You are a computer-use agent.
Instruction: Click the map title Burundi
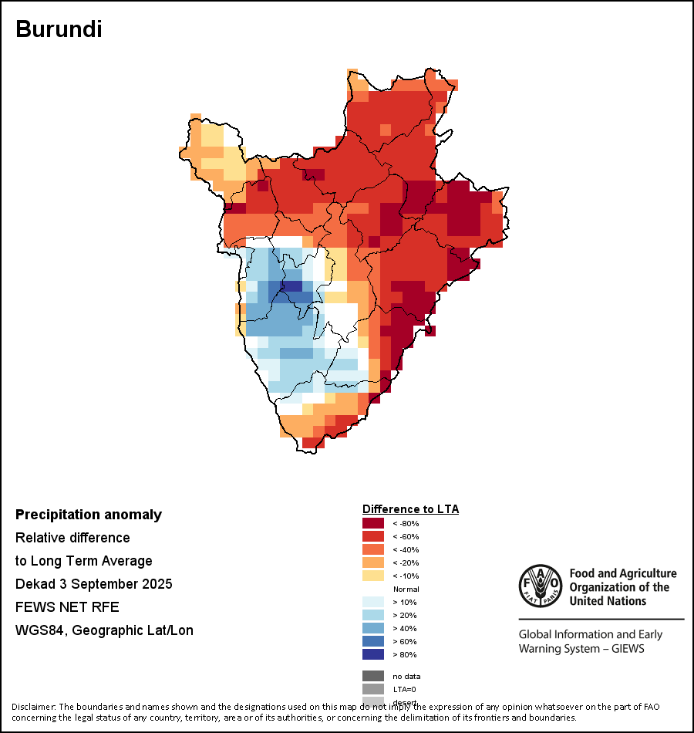(59, 29)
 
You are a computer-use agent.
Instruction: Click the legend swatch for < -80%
(372, 523)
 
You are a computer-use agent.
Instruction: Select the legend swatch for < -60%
(372, 536)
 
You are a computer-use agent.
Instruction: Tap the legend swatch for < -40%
(372, 549)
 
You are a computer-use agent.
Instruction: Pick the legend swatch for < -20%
(372, 562)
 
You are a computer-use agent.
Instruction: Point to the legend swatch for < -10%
(372, 576)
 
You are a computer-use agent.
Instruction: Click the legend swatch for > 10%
(372, 602)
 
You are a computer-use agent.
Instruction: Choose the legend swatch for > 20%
(372, 615)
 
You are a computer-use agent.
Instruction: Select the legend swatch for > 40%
(372, 628)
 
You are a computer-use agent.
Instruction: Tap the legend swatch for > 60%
(372, 641)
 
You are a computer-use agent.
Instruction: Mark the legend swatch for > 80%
(372, 654)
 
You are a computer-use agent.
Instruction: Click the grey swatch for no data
(372, 676)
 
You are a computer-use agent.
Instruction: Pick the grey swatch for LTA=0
(372, 689)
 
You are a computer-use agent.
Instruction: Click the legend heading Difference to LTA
(410, 509)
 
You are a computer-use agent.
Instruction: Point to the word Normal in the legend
(406, 589)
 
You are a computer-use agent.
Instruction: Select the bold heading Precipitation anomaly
(89, 515)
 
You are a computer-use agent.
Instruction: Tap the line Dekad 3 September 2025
(94, 584)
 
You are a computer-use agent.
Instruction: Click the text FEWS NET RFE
(68, 607)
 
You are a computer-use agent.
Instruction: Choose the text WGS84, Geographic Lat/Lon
(104, 630)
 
